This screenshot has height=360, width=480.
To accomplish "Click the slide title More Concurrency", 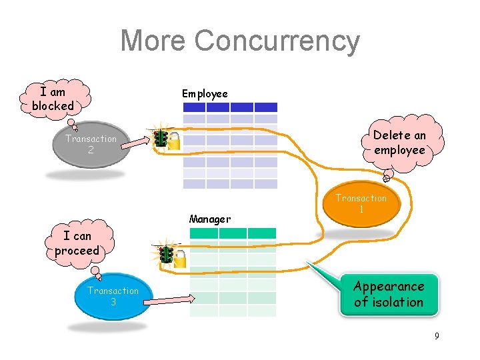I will pos(240,41).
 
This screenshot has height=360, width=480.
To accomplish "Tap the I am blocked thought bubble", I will pos(53,99).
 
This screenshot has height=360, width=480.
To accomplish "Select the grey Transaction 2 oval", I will pos(91,145).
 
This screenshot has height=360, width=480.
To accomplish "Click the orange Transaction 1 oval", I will pos(361,204).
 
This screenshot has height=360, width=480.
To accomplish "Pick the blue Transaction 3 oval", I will pos(113,296).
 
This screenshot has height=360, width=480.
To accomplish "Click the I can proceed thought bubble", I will pos(77,243).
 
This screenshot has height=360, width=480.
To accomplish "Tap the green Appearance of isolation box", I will pos(389,294).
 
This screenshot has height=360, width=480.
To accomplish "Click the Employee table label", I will pos(205,94).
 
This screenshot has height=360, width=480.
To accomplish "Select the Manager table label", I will pos(210,219).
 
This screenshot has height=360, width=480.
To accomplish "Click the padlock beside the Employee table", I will pos(173,141).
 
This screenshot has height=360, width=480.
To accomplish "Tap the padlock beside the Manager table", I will pos(180,259).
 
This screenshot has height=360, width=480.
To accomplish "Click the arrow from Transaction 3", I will pos(163,301).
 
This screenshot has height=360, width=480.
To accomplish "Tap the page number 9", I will pos(437,336).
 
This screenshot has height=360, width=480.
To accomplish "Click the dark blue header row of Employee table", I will pos(230,107).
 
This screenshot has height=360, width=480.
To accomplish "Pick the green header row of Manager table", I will pos(233,233).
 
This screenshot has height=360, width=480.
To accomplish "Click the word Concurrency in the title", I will pos(277,41).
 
